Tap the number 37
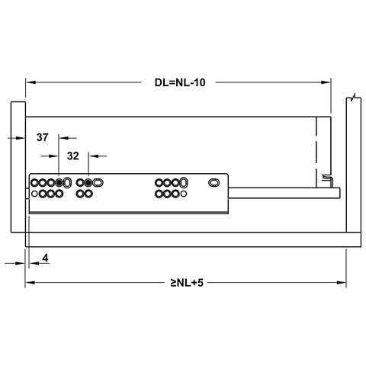(x=43, y=138)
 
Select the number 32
(x=74, y=156)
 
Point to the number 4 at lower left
(x=46, y=259)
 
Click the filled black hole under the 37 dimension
(x=59, y=183)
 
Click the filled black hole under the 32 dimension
(x=89, y=183)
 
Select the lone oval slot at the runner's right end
(x=214, y=183)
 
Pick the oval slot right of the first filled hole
(x=69, y=183)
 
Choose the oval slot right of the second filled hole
(x=99, y=183)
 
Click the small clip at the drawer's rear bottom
(x=326, y=179)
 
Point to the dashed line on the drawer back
(x=315, y=145)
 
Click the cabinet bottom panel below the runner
(x=191, y=239)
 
